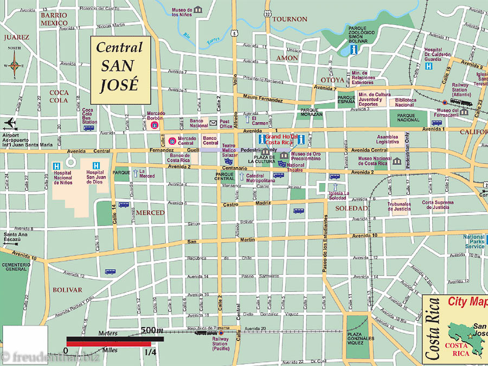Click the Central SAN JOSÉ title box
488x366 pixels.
[119, 69]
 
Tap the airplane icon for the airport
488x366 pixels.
[10, 124]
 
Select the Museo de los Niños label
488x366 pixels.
[182, 11]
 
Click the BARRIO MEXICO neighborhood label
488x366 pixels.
[54, 20]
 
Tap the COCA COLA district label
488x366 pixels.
[58, 96]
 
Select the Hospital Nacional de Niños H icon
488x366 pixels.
[56, 165]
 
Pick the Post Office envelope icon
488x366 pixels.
[213, 124]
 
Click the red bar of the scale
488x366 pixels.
[108, 344]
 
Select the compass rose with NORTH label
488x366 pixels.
[15, 65]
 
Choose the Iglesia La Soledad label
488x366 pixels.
[338, 195]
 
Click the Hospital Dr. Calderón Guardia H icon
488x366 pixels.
[429, 66]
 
